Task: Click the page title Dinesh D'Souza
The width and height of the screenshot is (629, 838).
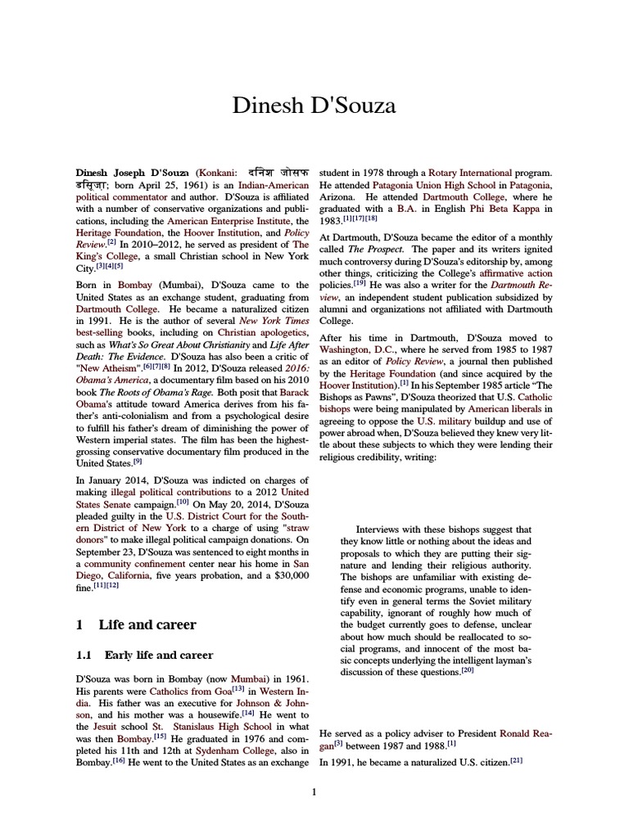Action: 314,106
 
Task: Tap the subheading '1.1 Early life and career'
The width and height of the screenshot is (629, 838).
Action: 144,655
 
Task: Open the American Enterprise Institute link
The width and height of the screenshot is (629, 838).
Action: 219,220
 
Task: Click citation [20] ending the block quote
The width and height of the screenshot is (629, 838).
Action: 468,671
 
